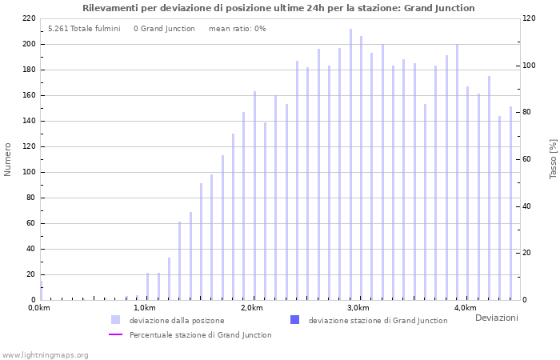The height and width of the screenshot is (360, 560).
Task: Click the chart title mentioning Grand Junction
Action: coord(278,8)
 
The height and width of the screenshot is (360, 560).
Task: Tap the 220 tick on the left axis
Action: coord(28,18)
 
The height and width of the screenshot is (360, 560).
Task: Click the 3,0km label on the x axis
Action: coord(358,308)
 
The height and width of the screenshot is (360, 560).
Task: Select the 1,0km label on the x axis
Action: coord(144,308)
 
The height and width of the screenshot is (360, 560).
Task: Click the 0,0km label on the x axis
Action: coord(38,308)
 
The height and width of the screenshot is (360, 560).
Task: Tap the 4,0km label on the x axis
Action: coord(465,308)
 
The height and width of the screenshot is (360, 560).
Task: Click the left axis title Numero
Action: coord(8,159)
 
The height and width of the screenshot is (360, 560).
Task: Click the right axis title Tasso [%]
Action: coord(553,159)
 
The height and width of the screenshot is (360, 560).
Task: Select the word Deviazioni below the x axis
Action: coord(496,318)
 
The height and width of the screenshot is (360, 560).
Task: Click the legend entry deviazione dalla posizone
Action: coord(177,320)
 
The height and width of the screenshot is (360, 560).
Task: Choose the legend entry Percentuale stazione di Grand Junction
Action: coord(200,335)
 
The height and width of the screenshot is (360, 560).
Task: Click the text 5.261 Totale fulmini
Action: coord(84,29)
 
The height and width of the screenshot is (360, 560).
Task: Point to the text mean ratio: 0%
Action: coord(237,29)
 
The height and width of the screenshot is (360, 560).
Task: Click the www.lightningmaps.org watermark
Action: coord(46,354)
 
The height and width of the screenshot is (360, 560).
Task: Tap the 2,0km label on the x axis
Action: coord(251,308)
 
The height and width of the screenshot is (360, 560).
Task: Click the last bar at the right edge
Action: coord(510,203)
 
